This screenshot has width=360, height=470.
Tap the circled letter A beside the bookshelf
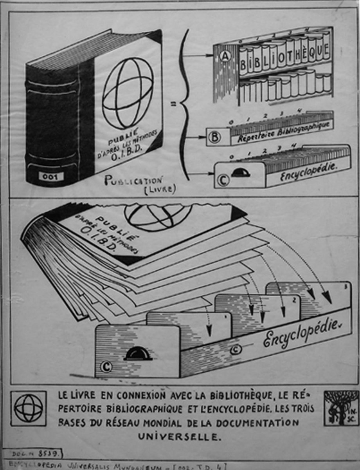pos(225,57)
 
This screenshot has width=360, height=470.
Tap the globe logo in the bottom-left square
pos(29,408)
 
